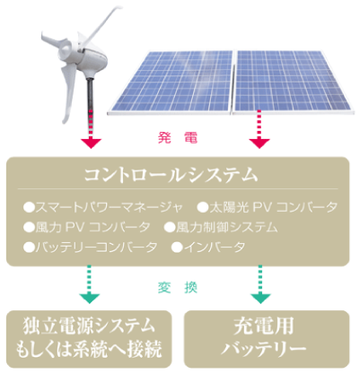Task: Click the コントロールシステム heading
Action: (x=171, y=175)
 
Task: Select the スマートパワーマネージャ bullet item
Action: (x=103, y=207)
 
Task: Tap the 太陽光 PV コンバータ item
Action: (x=268, y=207)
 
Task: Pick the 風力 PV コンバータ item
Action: (x=87, y=228)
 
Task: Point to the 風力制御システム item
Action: (x=221, y=228)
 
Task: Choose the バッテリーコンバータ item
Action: (x=91, y=248)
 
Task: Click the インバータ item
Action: (x=208, y=248)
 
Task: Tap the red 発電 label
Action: (x=178, y=138)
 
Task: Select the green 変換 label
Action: (x=178, y=288)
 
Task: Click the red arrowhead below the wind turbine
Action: (x=92, y=144)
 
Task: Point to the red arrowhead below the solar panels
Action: (x=259, y=144)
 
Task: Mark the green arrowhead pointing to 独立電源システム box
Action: (x=90, y=299)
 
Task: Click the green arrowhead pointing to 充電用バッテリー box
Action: (x=260, y=299)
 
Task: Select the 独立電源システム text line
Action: (x=89, y=326)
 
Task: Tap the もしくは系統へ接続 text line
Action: (x=89, y=349)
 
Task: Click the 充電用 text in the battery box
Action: (x=264, y=326)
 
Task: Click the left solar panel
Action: (x=171, y=82)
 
